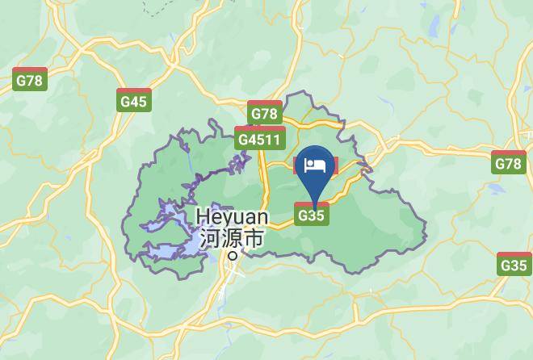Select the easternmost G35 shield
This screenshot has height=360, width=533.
(514, 263)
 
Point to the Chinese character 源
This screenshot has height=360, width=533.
(231, 239)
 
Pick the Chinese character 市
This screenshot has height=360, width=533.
(254, 239)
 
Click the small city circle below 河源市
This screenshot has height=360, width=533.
(233, 255)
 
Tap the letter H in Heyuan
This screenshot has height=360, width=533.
(203, 217)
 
